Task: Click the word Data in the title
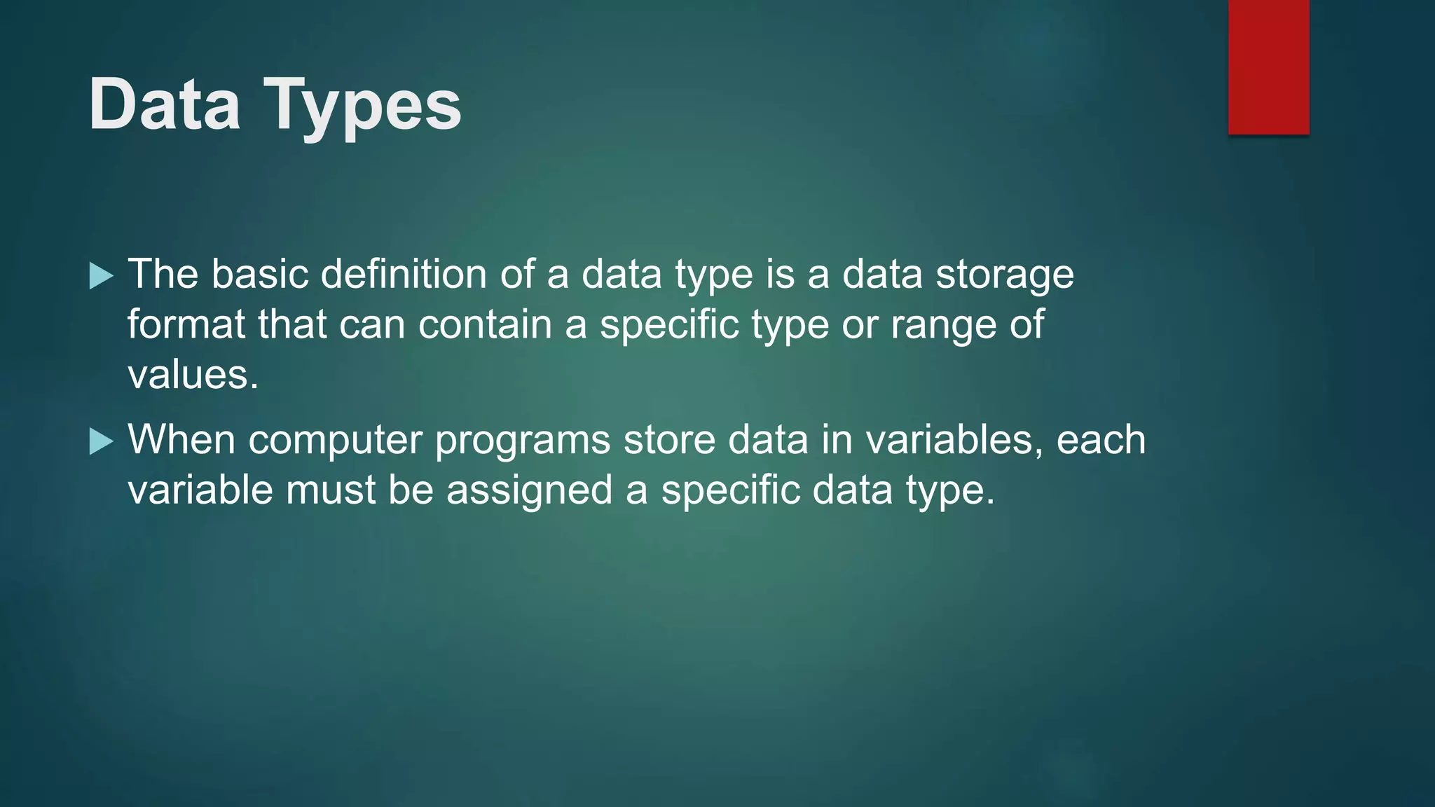click(x=165, y=104)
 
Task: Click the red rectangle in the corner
click(x=1268, y=67)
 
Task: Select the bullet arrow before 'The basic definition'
click(x=102, y=276)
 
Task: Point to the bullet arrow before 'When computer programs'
click(x=102, y=442)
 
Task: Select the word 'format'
click(x=186, y=324)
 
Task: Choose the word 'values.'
click(x=193, y=375)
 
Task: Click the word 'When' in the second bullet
click(x=181, y=439)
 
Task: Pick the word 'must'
click(x=331, y=490)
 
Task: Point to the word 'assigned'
click(x=530, y=491)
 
